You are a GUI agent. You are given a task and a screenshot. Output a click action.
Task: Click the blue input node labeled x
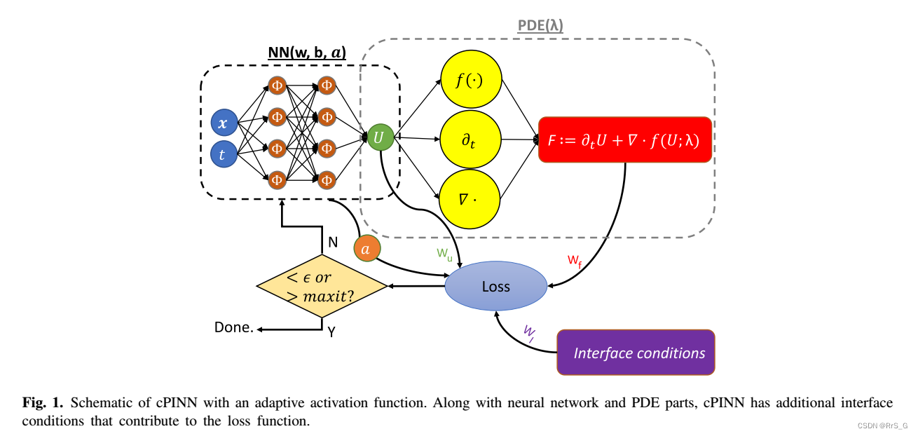tap(223, 124)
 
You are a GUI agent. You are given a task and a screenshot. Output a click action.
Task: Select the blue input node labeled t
tap(223, 155)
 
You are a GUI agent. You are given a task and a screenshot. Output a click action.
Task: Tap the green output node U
tap(379, 138)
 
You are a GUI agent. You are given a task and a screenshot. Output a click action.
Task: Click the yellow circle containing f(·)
tap(470, 79)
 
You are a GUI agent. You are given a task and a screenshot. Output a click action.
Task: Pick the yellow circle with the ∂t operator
tap(470, 139)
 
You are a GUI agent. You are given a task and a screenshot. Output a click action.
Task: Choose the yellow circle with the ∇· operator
tap(470, 199)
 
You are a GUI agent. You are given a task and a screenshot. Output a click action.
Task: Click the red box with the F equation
tap(625, 139)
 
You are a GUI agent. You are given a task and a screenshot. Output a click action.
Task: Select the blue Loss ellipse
tap(496, 286)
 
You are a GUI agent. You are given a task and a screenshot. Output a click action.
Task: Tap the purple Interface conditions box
tap(636, 353)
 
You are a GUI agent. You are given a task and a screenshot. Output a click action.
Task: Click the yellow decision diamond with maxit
tap(322, 287)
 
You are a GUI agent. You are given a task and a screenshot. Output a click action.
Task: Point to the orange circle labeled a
tap(366, 248)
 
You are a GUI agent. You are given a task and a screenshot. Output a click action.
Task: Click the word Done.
tap(233, 327)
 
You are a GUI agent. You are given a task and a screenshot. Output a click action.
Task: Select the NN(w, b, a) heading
tap(307, 53)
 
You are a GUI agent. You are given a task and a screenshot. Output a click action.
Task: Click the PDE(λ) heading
tap(540, 26)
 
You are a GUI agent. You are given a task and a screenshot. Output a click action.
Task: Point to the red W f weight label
tap(575, 261)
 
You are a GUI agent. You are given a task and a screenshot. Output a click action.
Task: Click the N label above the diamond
tap(333, 243)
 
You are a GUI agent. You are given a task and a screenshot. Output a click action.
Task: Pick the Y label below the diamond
tap(332, 332)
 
